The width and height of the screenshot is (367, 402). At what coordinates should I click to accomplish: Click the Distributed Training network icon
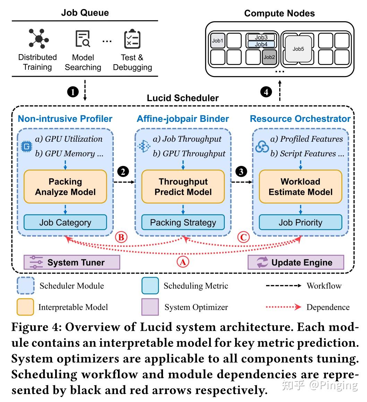[x=39, y=39]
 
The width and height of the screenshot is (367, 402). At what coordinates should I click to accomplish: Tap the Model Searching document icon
[x=83, y=39]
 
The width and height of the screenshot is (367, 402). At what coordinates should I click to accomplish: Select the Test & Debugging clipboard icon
[x=132, y=39]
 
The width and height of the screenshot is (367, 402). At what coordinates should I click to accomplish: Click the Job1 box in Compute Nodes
[x=218, y=41]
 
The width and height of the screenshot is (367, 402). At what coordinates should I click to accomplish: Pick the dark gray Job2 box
[x=269, y=57]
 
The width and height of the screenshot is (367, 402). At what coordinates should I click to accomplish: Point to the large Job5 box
[x=298, y=49]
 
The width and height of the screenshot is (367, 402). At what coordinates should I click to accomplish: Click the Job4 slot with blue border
[x=261, y=44]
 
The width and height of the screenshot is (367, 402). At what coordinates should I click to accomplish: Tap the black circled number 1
[x=73, y=92]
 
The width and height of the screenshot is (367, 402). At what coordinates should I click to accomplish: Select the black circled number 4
[x=266, y=92]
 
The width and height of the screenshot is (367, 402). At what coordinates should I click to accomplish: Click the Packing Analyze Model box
[x=65, y=187]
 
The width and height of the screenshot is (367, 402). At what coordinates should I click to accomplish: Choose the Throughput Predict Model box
[x=183, y=187]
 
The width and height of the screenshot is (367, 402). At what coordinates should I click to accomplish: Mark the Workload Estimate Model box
[x=300, y=187]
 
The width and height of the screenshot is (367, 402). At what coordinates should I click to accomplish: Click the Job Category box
[x=65, y=222]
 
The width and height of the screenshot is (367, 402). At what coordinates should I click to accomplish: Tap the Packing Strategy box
[x=183, y=222]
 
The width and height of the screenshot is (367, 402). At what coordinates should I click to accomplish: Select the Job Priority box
[x=300, y=222]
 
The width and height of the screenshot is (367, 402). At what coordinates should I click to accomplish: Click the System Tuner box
[x=72, y=262]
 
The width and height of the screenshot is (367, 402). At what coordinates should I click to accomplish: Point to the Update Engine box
[x=296, y=262]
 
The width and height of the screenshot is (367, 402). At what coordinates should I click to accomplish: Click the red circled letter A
[x=183, y=262]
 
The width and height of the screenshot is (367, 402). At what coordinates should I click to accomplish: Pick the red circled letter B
[x=121, y=237]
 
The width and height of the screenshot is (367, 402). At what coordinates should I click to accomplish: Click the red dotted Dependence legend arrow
[x=283, y=307]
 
